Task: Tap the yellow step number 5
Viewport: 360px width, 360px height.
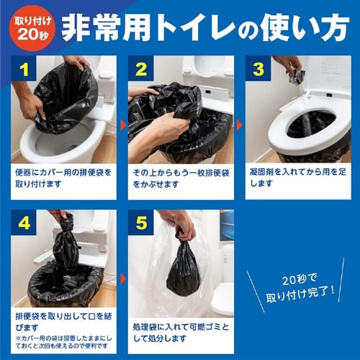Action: click(140, 222)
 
